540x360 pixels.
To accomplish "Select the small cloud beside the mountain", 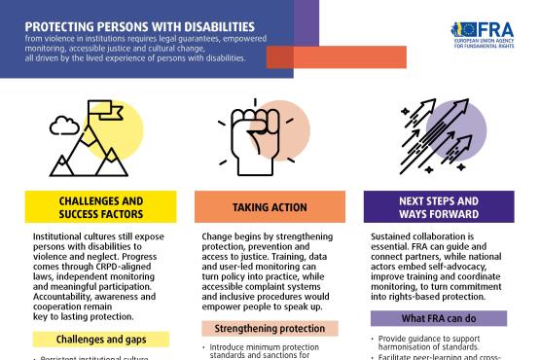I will point(64,123).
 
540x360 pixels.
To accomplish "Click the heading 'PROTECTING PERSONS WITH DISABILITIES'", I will point(141,25).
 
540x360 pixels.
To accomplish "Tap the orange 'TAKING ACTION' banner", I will point(270,207).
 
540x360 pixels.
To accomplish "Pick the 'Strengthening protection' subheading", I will point(270,329).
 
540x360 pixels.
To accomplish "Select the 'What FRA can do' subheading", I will point(439,319).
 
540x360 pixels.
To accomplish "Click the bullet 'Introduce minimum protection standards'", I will point(269,350).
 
